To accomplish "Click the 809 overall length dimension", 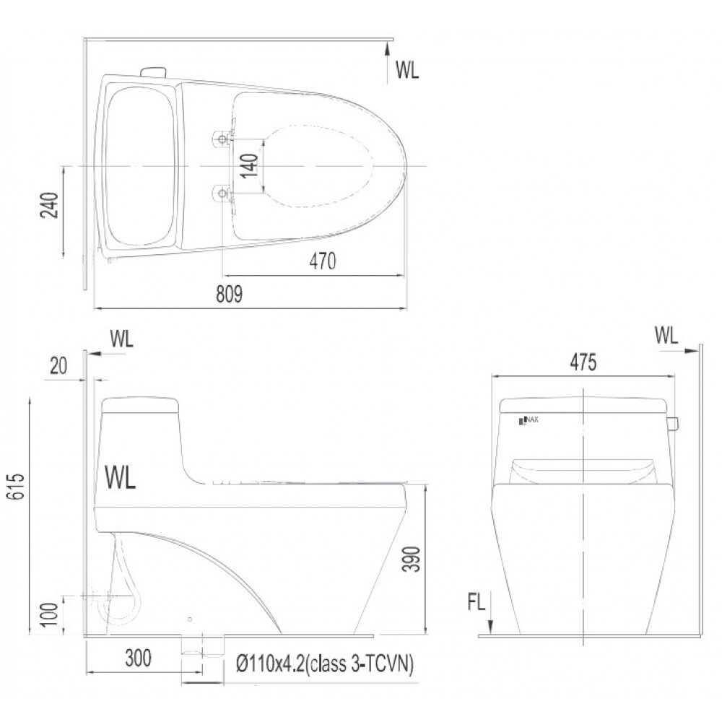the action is click(229, 295).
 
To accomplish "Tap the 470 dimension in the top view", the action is click(322, 261).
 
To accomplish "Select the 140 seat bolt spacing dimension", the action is click(249, 165).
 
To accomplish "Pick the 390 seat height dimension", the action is click(412, 559).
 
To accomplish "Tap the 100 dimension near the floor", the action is click(49, 614).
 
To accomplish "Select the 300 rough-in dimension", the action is click(138, 658).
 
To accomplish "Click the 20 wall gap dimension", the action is click(58, 366).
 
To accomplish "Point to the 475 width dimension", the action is click(583, 362).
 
